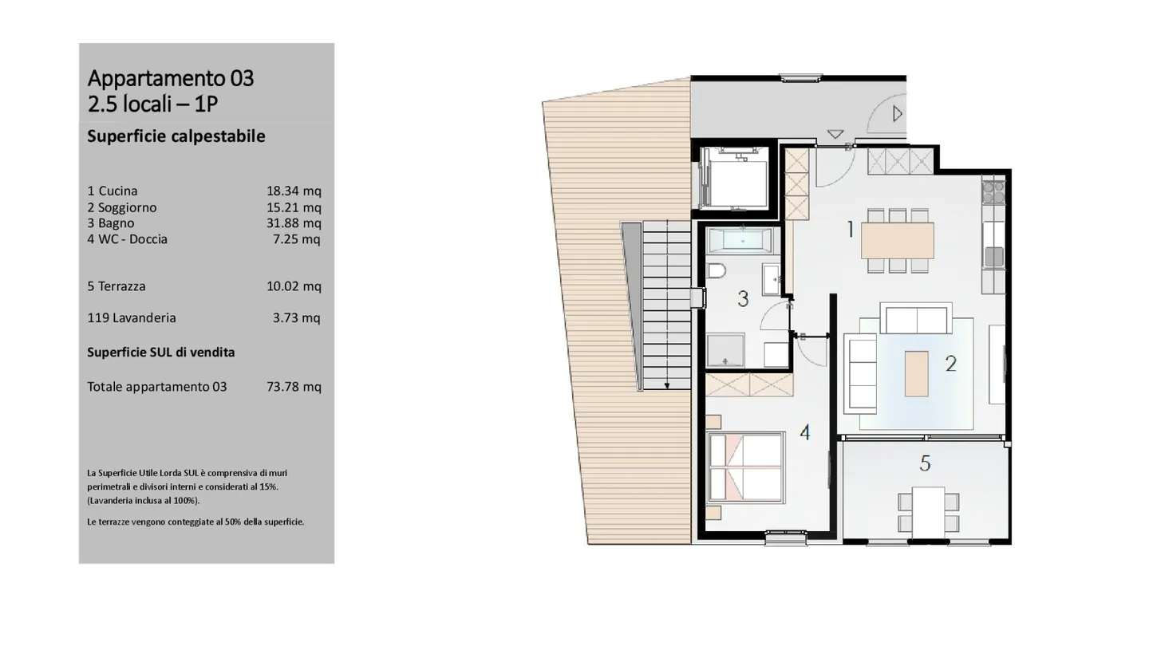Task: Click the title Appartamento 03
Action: point(171,78)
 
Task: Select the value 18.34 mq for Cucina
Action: point(294,191)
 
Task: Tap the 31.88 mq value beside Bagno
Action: point(294,223)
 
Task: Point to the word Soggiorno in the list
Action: point(128,207)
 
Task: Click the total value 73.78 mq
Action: point(294,387)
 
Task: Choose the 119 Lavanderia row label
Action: point(132,317)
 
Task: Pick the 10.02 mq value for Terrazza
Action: point(294,286)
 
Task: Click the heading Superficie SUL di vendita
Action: point(161,352)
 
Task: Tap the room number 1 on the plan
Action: point(851,230)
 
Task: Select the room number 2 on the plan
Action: point(950,364)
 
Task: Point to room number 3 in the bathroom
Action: point(743,299)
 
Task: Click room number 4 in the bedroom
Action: point(805,432)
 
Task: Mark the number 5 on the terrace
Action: point(925,463)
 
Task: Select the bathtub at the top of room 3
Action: point(740,239)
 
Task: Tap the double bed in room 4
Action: point(744,471)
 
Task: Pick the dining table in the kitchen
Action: point(898,239)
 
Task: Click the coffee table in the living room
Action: point(916,374)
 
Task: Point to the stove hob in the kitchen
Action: point(993,191)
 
